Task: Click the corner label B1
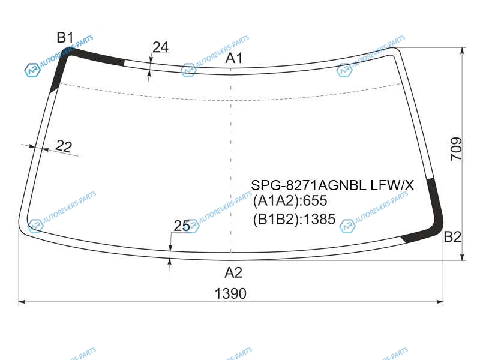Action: pos(65,38)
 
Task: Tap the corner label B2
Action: pos(452,236)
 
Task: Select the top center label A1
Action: pos(234,58)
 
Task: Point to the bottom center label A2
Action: pos(233,272)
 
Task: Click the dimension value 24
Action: pos(160,47)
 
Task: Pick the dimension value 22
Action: pos(64,146)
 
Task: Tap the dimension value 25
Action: pos(182,226)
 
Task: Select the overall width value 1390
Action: pos(230,293)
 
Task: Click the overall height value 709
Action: pos(456,149)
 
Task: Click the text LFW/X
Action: pos(392,185)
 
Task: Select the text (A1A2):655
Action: pos(290,201)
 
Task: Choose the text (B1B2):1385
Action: pos(294,219)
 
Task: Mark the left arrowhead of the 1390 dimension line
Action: pos(22,302)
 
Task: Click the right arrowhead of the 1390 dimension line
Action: pos(440,302)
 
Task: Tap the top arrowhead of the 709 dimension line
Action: pos(462,51)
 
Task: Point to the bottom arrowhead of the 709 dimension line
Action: pos(462,257)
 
